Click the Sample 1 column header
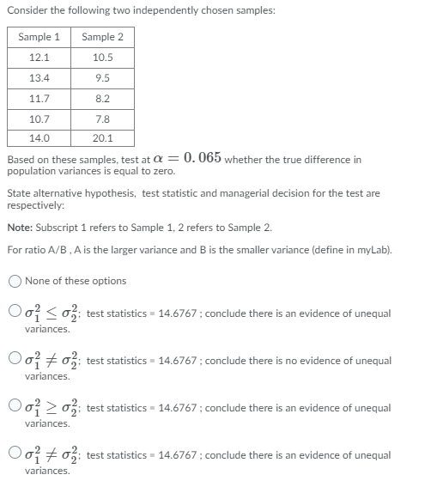click(x=39, y=38)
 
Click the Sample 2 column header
click(x=102, y=38)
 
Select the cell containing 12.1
click(x=39, y=58)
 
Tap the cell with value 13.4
click(x=39, y=77)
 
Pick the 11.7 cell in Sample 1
click(x=39, y=98)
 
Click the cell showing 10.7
click(x=39, y=118)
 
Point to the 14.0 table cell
click(x=39, y=137)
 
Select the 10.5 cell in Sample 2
click(x=102, y=58)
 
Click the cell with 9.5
click(x=102, y=77)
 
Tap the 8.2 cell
click(x=102, y=98)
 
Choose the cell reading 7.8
click(x=102, y=118)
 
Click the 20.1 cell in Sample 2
click(x=102, y=137)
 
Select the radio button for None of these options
click(x=15, y=281)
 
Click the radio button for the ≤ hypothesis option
click(x=15, y=313)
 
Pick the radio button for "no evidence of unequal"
click(x=15, y=361)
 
